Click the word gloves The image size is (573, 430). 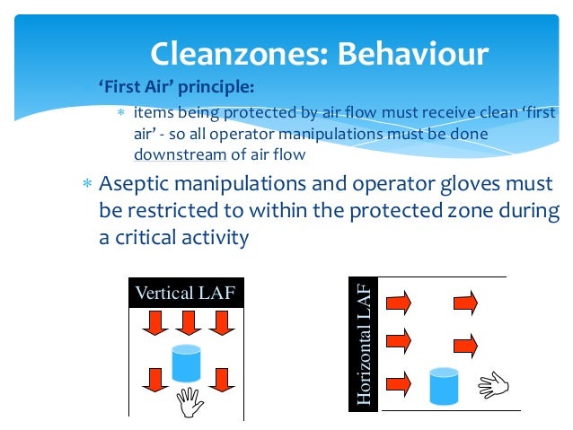[x=466, y=186]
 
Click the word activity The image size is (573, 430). [x=216, y=239]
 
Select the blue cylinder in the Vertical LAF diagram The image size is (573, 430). [x=187, y=363]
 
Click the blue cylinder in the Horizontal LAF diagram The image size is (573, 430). [x=445, y=385]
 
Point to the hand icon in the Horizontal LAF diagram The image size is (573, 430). [x=493, y=385]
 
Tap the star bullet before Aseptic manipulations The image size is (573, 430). [x=87, y=186]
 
